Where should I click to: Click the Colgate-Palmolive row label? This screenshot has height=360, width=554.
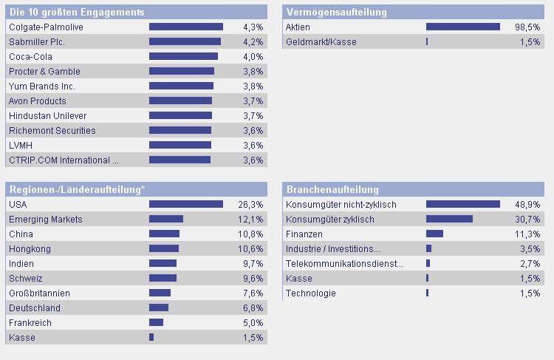46,27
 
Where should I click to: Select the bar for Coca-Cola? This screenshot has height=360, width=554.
183,57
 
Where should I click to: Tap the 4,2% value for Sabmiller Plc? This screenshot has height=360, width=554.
253,42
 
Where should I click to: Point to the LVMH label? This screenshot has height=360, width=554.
21,146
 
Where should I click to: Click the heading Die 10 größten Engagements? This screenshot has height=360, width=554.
77,13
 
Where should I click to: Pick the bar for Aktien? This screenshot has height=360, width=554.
463,27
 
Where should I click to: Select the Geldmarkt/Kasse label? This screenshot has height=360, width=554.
321,42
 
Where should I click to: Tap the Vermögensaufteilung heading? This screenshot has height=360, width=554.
336,13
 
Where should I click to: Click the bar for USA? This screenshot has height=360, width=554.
186,205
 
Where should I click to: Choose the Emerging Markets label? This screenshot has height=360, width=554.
46,220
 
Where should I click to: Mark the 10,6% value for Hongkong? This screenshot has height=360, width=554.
251,249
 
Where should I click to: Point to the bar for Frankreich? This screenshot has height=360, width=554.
156,323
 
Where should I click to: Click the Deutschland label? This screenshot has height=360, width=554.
35,308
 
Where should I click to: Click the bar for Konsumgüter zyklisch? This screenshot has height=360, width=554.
449,220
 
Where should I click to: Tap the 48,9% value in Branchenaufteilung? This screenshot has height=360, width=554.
527,205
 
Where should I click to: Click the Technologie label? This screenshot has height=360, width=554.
310,293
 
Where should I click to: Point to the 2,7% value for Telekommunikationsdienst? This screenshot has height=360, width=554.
530,264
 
